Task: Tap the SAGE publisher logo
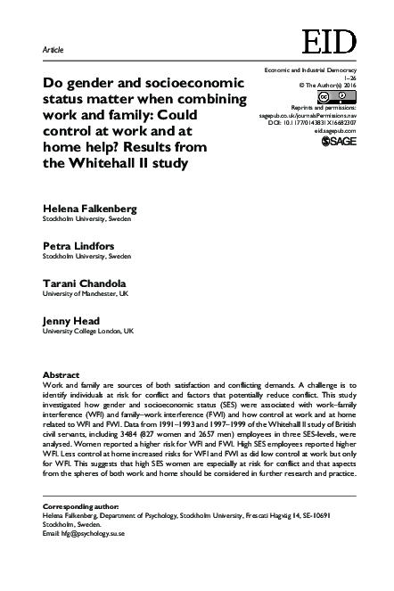click(338, 141)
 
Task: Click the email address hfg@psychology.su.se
click(93, 532)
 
